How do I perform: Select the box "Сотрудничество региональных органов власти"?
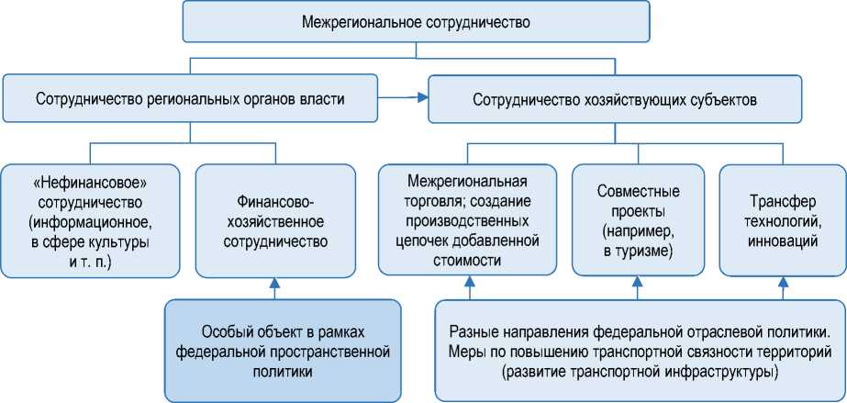190,99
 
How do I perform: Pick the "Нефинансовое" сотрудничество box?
89,220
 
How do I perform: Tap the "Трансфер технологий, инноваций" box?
781,220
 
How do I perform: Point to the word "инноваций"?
781,241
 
